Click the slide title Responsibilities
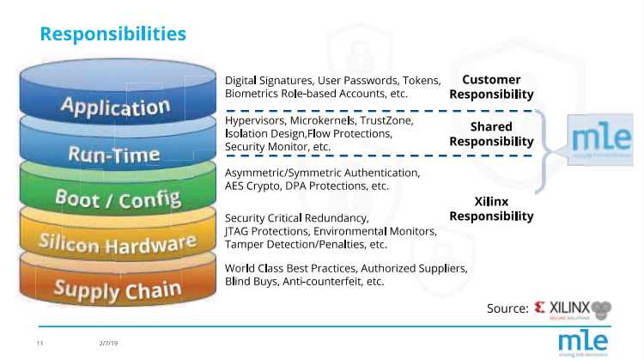113,34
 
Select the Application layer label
114,107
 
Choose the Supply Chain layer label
118,287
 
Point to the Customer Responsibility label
491,87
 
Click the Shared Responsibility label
491,134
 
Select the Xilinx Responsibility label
491,209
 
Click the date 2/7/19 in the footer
108,344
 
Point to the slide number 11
40,344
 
